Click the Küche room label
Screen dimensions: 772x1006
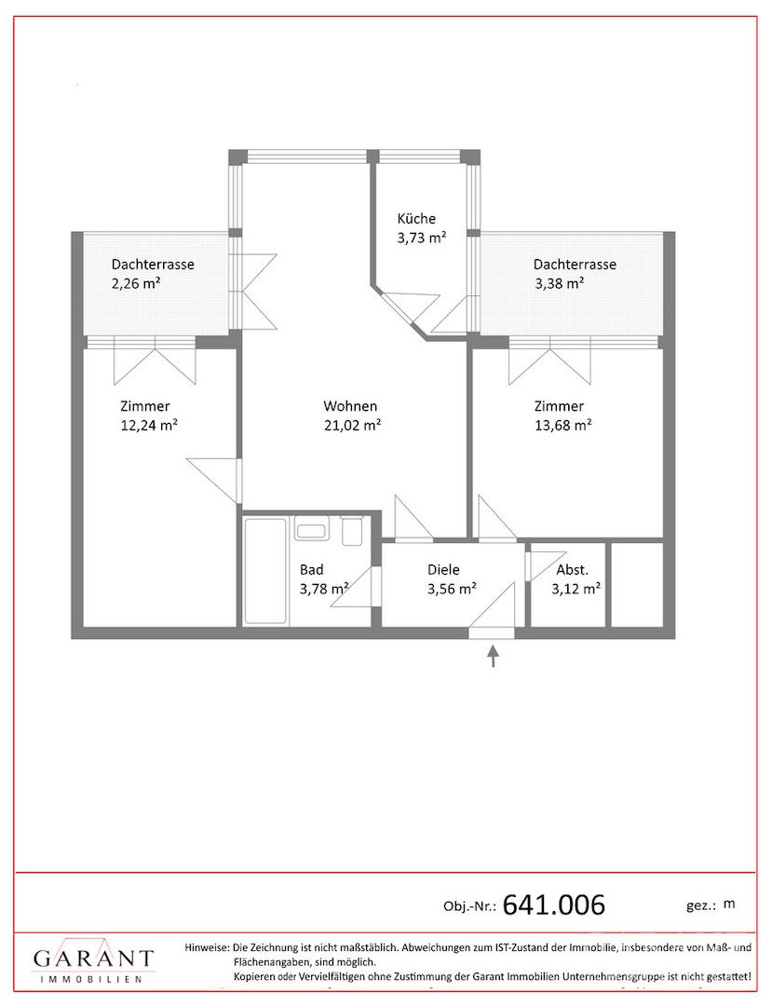pos(416,218)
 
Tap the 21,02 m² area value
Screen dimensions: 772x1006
pos(353,425)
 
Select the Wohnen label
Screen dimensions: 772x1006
pos(350,406)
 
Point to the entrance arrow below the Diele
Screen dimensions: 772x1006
pos(493,657)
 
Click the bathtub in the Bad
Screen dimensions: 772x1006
pos(265,570)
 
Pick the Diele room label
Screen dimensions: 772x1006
pos(443,570)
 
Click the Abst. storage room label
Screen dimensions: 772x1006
pos(573,570)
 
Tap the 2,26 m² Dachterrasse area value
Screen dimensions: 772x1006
pos(136,283)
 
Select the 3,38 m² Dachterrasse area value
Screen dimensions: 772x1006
pos(559,283)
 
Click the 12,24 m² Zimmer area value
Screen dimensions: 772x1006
pos(149,425)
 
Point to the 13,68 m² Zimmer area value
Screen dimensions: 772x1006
pos(563,425)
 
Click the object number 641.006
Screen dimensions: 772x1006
pos(554,904)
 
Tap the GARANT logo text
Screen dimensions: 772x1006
pos(94,959)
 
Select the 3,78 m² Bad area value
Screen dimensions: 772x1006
pos(324,589)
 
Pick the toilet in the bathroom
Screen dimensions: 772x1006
pos(352,531)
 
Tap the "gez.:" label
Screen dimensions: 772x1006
pos(700,906)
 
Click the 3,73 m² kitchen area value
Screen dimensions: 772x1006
pos(421,238)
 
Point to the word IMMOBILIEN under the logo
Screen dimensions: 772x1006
pos(90,979)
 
